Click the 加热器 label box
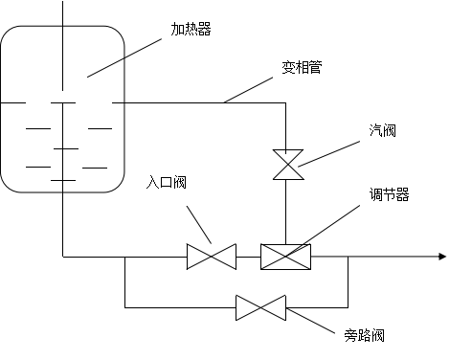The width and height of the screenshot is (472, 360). click(x=217, y=33)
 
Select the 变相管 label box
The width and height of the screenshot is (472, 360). click(x=328, y=71)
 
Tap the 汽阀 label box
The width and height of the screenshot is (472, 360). click(x=403, y=135)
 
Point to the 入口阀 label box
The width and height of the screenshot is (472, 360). click(x=192, y=186)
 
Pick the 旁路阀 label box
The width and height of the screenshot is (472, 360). click(x=391, y=340)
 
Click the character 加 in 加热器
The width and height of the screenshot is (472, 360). click(x=178, y=30)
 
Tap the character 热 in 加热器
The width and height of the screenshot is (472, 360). click(x=191, y=30)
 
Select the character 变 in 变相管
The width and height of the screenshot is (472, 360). click(x=288, y=68)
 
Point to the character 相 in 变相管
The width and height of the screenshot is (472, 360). click(x=302, y=68)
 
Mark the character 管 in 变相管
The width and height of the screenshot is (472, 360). click(x=315, y=68)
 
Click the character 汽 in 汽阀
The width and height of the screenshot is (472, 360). click(x=376, y=131)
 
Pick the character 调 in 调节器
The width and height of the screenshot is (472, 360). click(x=376, y=194)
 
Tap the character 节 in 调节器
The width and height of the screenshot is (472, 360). click(x=390, y=194)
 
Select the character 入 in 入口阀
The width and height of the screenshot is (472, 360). click(x=153, y=182)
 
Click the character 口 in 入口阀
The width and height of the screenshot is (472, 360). click(x=167, y=182)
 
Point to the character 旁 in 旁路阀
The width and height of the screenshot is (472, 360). click(x=351, y=336)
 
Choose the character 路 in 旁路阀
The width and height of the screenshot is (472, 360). click(x=365, y=336)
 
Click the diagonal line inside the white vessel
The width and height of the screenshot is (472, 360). click(x=105, y=68)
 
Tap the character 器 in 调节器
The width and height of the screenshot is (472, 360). click(x=403, y=194)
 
